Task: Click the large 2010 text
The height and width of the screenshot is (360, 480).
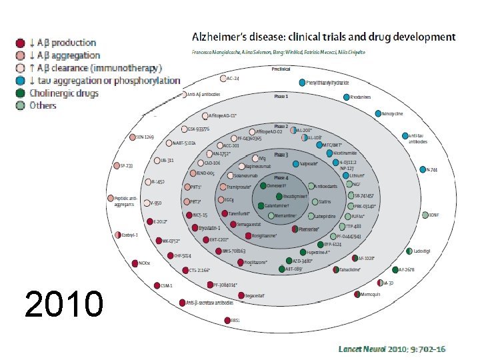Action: coord(63,304)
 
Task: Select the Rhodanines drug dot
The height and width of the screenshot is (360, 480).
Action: coord(347,97)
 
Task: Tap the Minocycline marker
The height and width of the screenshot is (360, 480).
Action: coord(378,113)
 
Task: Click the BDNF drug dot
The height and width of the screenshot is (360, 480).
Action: coord(425,215)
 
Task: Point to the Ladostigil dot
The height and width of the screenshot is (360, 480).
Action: coord(409,251)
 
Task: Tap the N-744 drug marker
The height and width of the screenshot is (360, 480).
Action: coord(422,169)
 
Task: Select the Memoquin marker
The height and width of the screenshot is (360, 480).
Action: coord(357,294)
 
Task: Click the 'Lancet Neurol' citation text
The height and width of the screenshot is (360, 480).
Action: coord(360,349)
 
